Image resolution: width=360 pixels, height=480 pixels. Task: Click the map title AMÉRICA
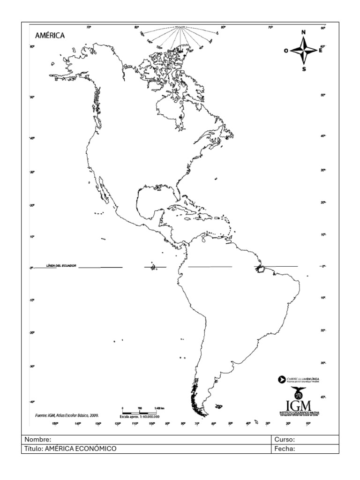coord(50,36)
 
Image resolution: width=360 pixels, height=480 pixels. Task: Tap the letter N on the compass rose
coord(303,32)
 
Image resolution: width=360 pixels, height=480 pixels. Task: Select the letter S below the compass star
coord(304,69)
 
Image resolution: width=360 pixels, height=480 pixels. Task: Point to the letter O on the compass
coord(286,51)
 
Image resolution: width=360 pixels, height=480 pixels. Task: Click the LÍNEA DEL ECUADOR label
coord(61,265)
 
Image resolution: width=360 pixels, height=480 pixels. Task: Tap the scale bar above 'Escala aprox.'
coord(139,412)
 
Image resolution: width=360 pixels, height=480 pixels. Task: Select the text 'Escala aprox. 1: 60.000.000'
coord(140,416)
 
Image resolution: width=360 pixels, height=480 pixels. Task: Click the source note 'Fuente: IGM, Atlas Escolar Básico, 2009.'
coord(67,415)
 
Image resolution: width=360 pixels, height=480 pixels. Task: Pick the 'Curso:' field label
coord(285,440)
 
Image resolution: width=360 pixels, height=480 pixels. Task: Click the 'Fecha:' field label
coord(285,449)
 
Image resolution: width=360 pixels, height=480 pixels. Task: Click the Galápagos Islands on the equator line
coord(152,267)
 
